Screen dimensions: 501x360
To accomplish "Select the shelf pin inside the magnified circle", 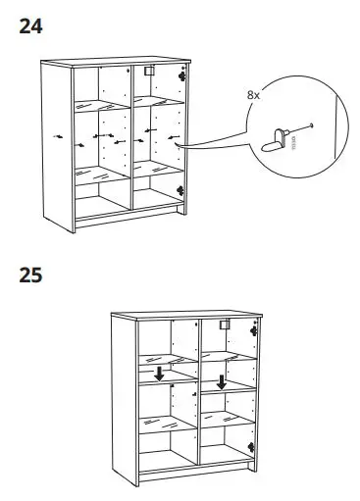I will (278, 134).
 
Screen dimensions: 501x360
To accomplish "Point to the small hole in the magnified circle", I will (312, 124).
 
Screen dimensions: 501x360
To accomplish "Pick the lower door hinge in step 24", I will (179, 189).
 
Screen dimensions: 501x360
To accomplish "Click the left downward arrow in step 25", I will (160, 374).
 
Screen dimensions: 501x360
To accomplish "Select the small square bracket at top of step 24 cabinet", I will (149, 72).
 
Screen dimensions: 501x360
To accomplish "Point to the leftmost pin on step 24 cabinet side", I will (61, 138).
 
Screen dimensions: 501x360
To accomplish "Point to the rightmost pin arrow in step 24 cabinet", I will (173, 136).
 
